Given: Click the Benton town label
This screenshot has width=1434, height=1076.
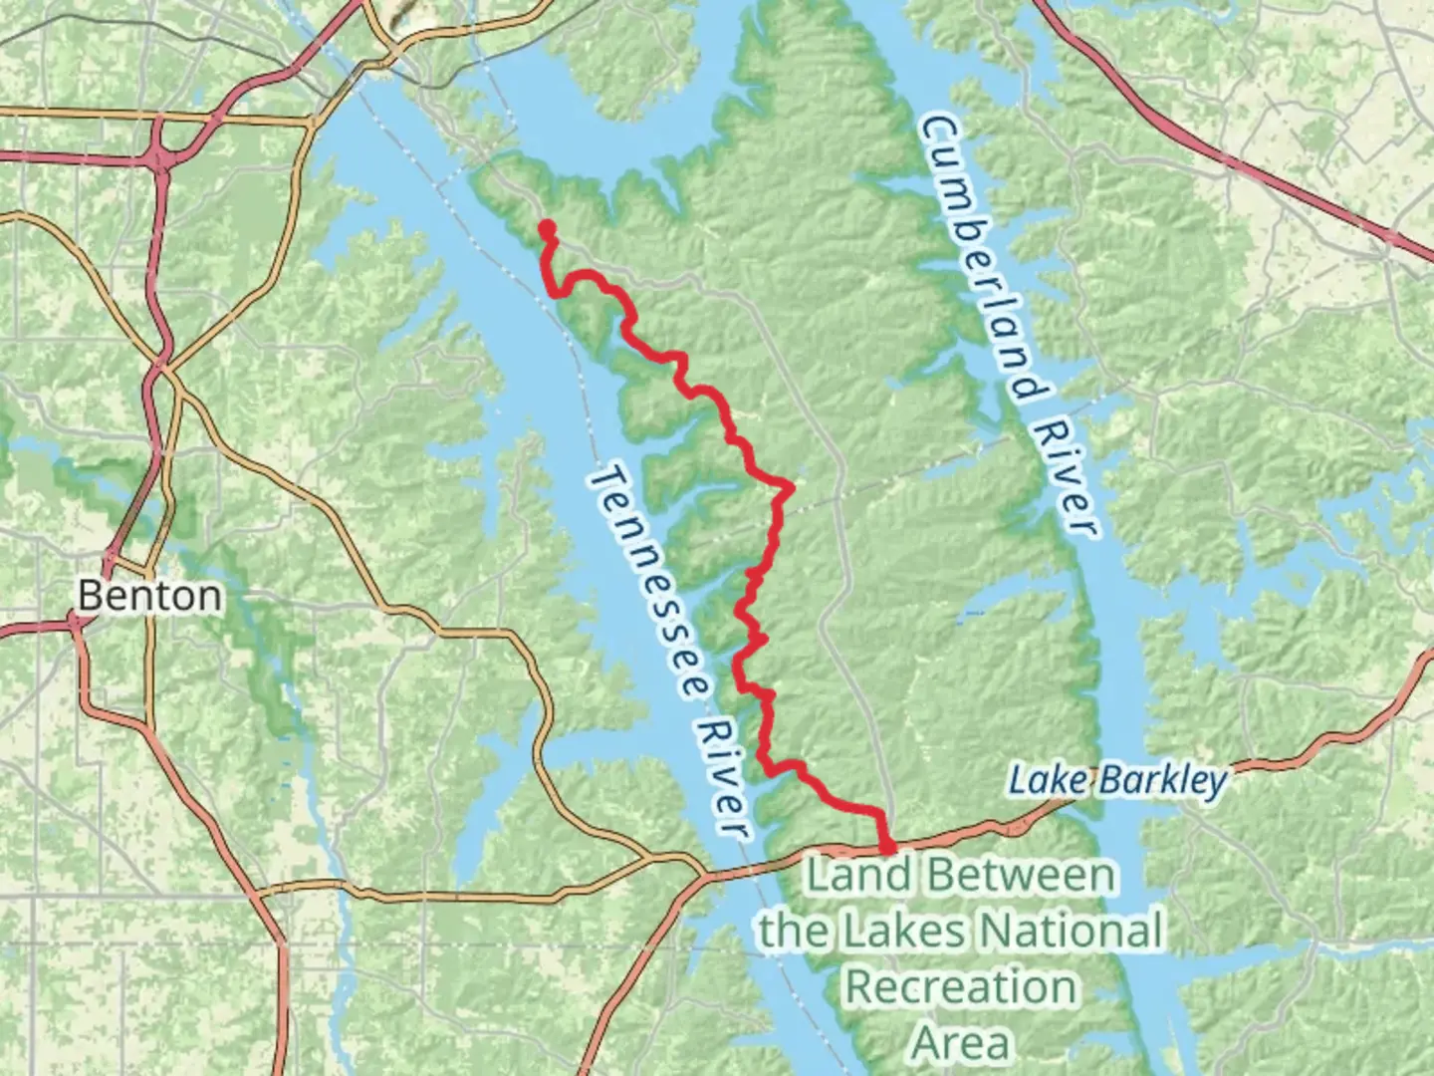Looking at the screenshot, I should click(149, 596).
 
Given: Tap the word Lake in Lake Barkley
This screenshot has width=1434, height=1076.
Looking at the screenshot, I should click(1037, 779).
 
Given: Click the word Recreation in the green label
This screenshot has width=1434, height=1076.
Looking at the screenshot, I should click(961, 987).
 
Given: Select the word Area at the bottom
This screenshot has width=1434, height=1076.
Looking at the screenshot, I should click(961, 1043).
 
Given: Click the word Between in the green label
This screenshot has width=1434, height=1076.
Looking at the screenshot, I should click(1018, 875).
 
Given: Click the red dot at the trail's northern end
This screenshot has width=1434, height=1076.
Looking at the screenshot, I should click(547, 228).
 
